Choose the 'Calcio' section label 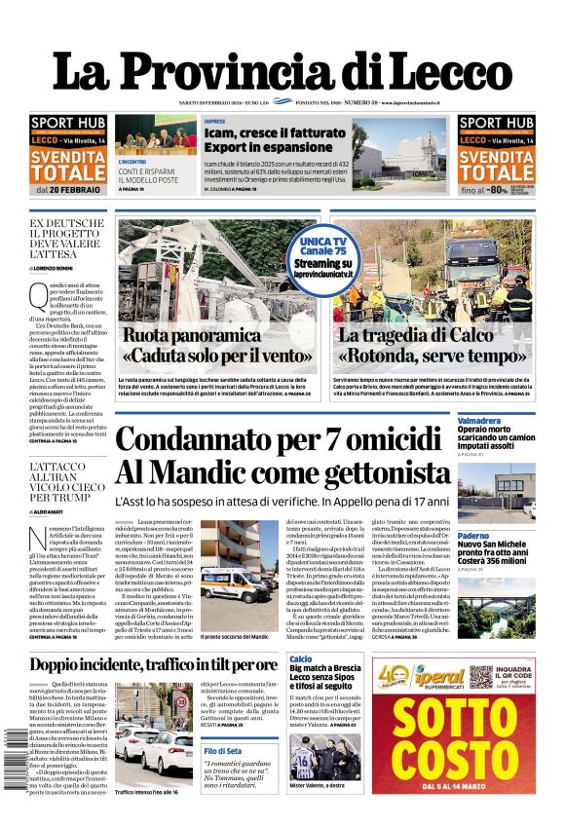[x=301, y=659]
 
